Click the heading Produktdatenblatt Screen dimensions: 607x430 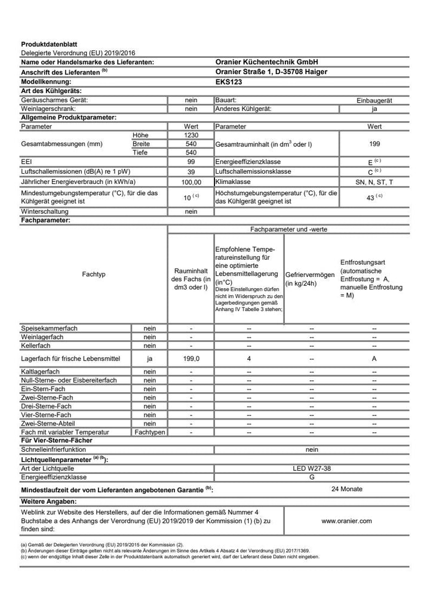tap(49, 44)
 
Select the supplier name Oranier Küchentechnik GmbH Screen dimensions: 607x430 tap(266, 61)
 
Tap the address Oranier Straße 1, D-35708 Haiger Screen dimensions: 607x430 tap(271, 71)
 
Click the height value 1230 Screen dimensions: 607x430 tap(191, 135)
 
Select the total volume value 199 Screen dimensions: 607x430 tap(374, 144)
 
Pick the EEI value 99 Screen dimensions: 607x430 tap(191, 162)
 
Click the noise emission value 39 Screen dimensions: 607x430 tap(191, 171)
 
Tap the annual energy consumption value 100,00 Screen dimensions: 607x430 tap(191, 181)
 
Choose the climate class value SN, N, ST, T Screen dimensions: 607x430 tap(374, 181)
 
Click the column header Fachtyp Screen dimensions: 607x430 tap(94, 274)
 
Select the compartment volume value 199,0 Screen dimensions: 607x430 tap(191, 359)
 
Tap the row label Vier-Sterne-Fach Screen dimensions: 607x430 tap(46, 415)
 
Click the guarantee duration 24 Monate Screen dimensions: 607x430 tap(346, 489)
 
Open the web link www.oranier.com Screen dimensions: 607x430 tap(346, 520)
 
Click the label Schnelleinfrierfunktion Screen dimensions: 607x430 tap(54, 449)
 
